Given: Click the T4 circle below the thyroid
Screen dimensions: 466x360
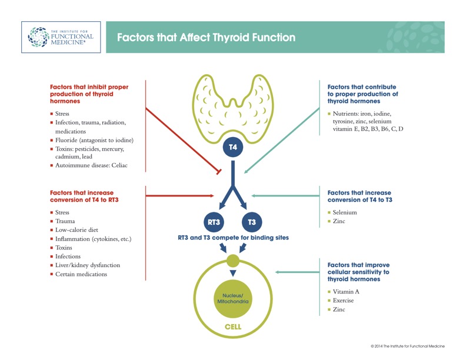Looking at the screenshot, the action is click(x=233, y=147).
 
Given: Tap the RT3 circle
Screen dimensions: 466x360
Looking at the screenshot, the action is click(x=214, y=222).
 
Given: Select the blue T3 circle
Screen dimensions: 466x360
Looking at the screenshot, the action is click(x=252, y=222).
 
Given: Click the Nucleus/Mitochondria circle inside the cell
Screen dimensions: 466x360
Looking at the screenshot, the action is click(x=233, y=298).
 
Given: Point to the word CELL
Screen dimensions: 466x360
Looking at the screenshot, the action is click(x=233, y=327).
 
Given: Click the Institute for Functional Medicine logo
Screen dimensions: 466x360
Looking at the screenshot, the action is click(x=61, y=37).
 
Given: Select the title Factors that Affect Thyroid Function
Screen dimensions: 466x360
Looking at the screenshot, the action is click(x=207, y=38).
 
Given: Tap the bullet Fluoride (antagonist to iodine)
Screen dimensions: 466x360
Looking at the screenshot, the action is click(x=92, y=140).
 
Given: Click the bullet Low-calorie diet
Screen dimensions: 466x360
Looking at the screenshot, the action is click(x=74, y=230).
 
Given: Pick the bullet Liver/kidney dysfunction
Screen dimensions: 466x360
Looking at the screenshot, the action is click(x=85, y=265).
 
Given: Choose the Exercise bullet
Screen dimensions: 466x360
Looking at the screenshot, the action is click(x=341, y=301).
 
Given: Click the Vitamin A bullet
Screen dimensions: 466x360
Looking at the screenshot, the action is click(x=344, y=292).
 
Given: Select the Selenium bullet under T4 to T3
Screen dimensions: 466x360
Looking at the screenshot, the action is click(x=342, y=212).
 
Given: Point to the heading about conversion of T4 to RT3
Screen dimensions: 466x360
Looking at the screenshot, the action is click(x=84, y=196).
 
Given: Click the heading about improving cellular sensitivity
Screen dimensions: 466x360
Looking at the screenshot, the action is click(x=358, y=272).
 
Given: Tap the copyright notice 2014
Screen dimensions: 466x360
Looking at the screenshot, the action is click(x=407, y=346).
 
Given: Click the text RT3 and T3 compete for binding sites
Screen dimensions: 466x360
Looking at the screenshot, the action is click(x=234, y=238).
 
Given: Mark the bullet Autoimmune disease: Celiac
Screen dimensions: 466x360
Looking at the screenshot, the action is click(x=89, y=165).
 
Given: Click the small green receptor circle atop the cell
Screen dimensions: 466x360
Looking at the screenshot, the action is click(x=233, y=261).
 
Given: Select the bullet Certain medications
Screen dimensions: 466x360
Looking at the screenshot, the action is click(x=78, y=274).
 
